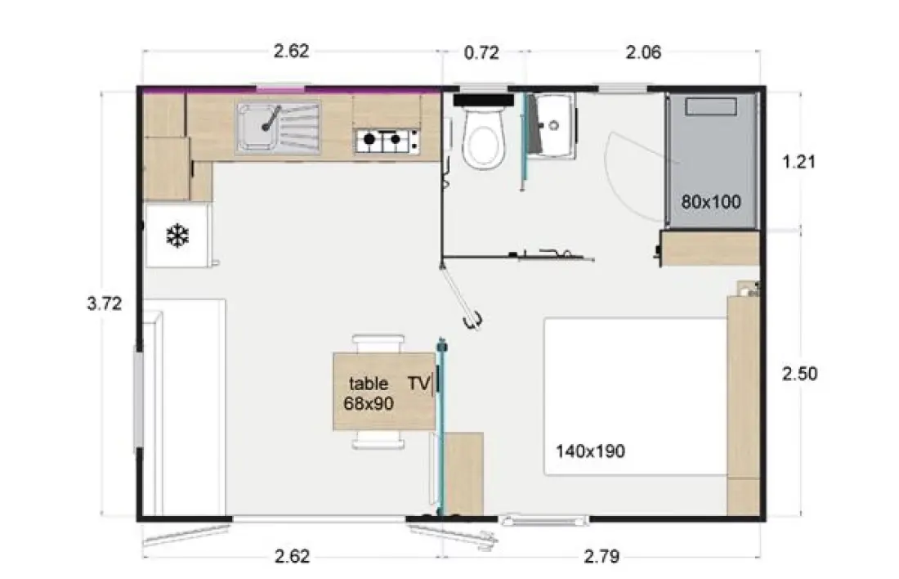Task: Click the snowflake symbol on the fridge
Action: (x=177, y=236)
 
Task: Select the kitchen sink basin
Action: (x=257, y=128)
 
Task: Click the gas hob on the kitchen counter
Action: (x=387, y=141)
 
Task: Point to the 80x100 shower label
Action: (x=711, y=202)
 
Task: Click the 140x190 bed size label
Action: (x=590, y=451)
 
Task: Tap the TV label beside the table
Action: (x=419, y=383)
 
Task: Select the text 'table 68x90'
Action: (x=369, y=393)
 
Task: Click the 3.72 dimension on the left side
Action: (x=105, y=303)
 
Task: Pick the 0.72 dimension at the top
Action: (x=481, y=53)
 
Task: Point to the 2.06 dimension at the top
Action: (x=643, y=52)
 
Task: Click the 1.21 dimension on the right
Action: (x=798, y=162)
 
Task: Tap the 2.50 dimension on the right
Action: (x=799, y=374)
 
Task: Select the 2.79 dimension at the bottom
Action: (x=602, y=556)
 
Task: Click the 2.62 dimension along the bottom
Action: (x=292, y=556)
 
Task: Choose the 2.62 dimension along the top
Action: (x=291, y=51)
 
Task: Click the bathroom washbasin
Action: (x=551, y=126)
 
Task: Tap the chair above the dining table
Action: (x=378, y=343)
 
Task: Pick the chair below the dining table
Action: (x=378, y=439)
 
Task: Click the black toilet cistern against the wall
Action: (x=483, y=101)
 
